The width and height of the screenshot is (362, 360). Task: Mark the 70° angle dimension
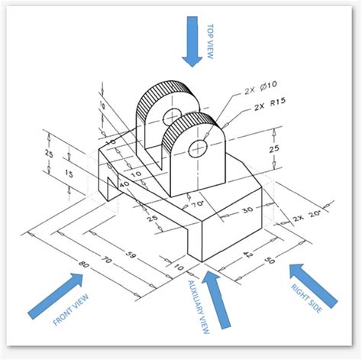pyautogui.click(x=199, y=205)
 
